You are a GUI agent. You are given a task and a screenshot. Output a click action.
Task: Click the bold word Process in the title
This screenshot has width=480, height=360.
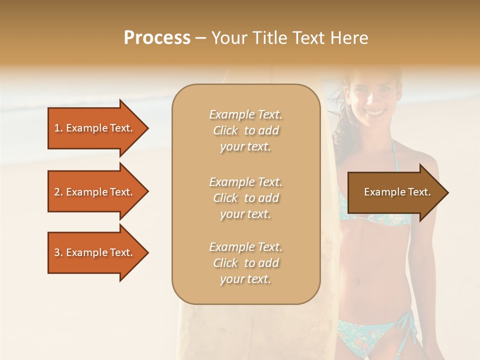(157, 38)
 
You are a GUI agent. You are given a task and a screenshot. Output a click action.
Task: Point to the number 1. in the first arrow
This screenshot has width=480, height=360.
(58, 128)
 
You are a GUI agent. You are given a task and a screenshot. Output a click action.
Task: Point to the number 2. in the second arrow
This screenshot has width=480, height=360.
(58, 192)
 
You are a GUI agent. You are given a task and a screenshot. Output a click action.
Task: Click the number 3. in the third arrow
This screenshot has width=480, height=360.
(58, 252)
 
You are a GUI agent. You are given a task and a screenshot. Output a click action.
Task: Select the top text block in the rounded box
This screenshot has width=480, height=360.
(245, 130)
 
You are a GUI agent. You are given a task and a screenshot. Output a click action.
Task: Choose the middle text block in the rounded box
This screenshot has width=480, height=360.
(245, 198)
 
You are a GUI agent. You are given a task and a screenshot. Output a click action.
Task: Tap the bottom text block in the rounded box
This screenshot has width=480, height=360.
(245, 263)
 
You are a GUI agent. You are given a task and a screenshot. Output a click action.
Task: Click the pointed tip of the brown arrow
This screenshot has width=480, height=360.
(447, 192)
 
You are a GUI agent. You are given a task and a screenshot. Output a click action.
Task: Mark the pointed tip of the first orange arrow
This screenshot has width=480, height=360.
(148, 128)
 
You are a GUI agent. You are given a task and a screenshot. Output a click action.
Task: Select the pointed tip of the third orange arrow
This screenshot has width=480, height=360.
(148, 252)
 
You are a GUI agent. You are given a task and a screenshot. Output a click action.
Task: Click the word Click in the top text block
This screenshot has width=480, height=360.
(225, 130)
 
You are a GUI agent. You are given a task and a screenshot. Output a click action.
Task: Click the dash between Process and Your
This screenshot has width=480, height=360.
(201, 38)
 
